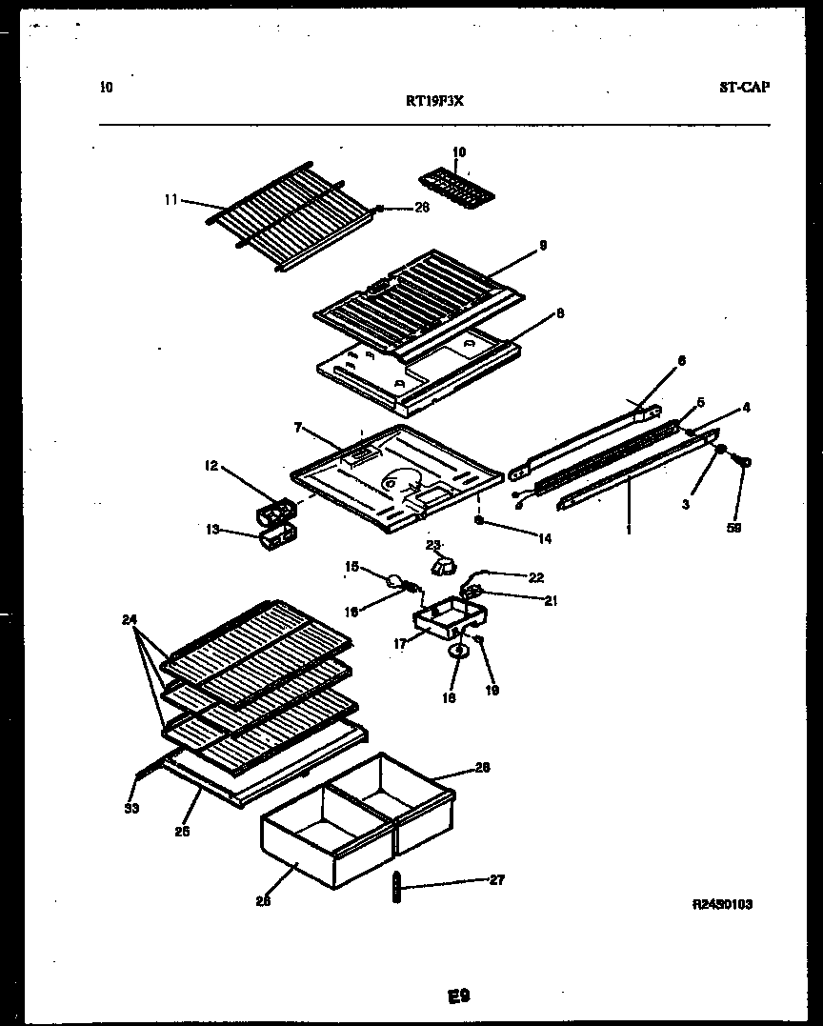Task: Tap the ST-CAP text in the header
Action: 744,87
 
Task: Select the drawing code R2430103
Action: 723,904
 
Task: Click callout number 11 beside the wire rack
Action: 171,200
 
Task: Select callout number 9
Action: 542,245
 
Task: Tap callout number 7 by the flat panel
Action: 298,429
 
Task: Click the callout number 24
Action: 130,619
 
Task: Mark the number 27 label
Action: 496,880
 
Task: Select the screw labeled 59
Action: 742,462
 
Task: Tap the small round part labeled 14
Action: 480,521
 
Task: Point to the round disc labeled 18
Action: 458,652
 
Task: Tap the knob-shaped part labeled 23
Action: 440,568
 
